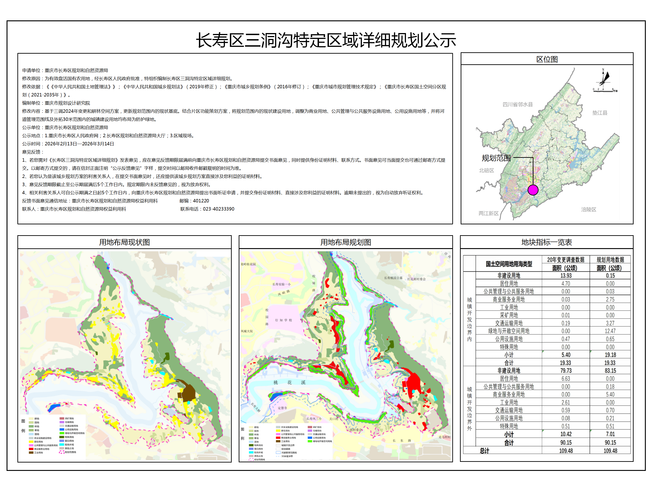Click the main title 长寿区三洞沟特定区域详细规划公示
(x=325, y=40)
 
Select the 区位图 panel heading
(x=547, y=59)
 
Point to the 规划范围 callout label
(x=496, y=158)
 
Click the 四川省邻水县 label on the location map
(x=517, y=105)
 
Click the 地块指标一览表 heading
(x=547, y=242)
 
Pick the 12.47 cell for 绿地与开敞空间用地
(x=610, y=331)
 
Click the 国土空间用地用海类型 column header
(x=509, y=264)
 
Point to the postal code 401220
(x=201, y=201)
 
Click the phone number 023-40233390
(x=218, y=209)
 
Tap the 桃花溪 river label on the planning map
(x=289, y=383)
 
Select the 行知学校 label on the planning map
(x=283, y=320)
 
